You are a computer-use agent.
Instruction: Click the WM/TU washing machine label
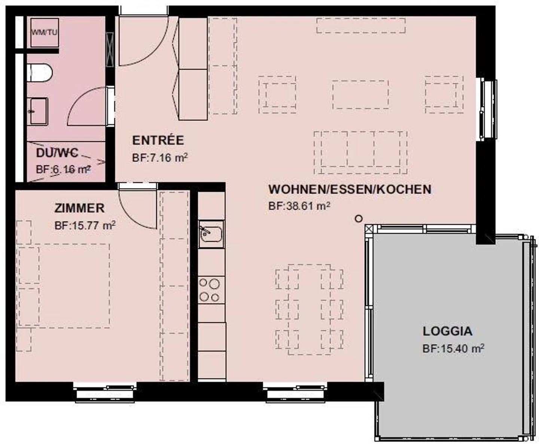pyautogui.click(x=44, y=32)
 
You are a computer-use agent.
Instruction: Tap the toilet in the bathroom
pyautogui.click(x=40, y=73)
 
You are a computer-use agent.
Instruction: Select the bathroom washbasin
pyautogui.click(x=39, y=111)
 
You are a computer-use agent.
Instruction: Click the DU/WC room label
pyautogui.click(x=57, y=153)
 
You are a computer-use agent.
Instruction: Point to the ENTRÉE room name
pyautogui.click(x=158, y=141)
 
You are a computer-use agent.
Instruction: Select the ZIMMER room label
pyautogui.click(x=79, y=208)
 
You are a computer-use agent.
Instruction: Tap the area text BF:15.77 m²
pyautogui.click(x=85, y=226)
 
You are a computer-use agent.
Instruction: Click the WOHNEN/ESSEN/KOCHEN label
pyautogui.click(x=350, y=189)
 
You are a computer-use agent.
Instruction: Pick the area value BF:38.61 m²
pyautogui.click(x=299, y=206)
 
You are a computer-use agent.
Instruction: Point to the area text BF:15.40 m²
pyautogui.click(x=453, y=348)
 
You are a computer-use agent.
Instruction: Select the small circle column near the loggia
pyautogui.click(x=359, y=218)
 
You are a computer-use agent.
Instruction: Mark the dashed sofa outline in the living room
pyautogui.click(x=360, y=152)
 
